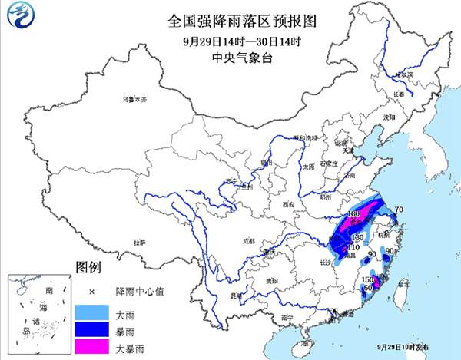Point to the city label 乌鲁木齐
(x=134, y=100)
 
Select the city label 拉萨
(x=138, y=243)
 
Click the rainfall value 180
(x=354, y=213)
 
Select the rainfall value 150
(x=366, y=279)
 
